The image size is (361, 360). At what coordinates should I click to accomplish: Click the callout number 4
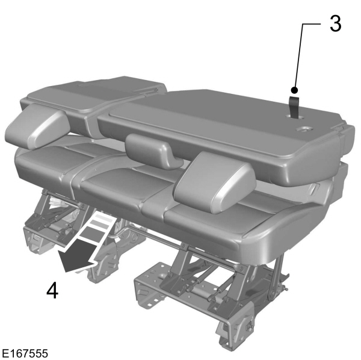click(52, 291)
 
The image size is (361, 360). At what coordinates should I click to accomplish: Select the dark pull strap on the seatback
click(295, 104)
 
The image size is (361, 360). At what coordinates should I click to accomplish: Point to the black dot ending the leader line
click(295, 88)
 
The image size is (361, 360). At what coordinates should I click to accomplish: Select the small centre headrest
click(153, 149)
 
